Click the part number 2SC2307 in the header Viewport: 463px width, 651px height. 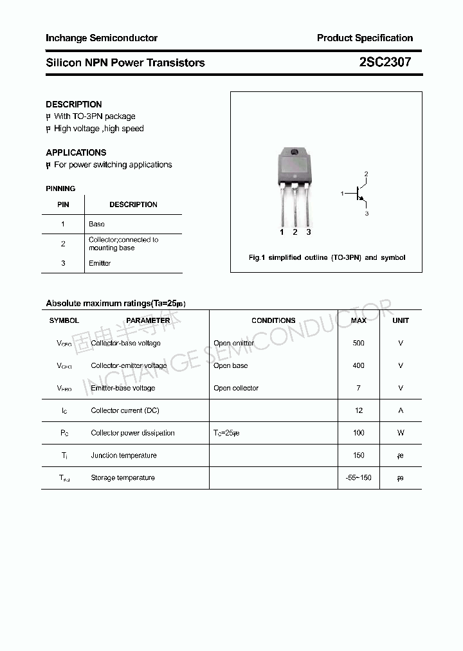click(385, 62)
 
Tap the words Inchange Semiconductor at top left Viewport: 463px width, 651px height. click(102, 38)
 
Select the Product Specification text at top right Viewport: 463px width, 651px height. click(365, 38)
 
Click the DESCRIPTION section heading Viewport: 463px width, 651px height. click(74, 104)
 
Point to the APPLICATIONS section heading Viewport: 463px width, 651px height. click(76, 152)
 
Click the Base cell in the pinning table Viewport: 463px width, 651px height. click(96, 224)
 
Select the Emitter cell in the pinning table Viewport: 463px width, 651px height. click(100, 263)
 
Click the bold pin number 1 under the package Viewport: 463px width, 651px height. click(282, 232)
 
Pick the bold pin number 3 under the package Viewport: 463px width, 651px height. click(309, 232)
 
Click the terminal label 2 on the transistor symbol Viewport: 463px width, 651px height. click(366, 174)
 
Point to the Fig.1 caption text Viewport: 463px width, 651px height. click(327, 257)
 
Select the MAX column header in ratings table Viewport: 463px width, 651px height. click(358, 320)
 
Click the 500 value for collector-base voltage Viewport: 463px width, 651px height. click(358, 343)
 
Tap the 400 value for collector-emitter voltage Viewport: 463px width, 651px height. click(358, 365)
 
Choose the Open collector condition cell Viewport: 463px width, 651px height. click(236, 388)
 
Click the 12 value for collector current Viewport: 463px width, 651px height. click(358, 410)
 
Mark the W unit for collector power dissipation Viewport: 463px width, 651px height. click(400, 433)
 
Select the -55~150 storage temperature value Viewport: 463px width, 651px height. click(358, 478)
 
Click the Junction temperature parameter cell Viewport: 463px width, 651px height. click(123, 455)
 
